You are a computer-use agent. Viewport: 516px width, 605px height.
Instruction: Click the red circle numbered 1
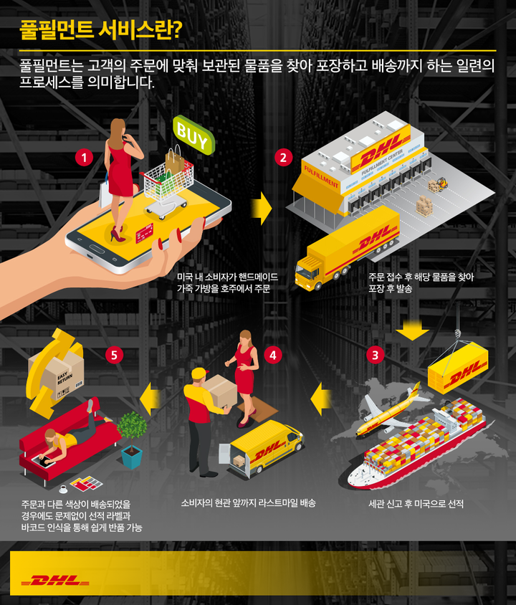click(x=84, y=158)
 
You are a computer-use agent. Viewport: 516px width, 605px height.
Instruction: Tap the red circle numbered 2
click(x=284, y=158)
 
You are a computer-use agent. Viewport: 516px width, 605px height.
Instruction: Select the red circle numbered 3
click(x=376, y=355)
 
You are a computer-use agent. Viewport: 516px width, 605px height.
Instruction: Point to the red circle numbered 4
click(x=272, y=355)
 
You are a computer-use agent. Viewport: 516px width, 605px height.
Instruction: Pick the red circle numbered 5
click(x=114, y=355)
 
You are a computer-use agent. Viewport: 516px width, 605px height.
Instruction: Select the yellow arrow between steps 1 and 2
click(x=261, y=209)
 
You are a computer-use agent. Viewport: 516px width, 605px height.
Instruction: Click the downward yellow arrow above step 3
click(x=412, y=330)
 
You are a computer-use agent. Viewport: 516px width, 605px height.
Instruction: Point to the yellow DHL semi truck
click(x=347, y=248)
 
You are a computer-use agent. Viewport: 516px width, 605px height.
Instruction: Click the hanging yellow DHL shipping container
click(x=458, y=368)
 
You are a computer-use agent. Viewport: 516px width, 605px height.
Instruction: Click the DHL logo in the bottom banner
click(x=55, y=581)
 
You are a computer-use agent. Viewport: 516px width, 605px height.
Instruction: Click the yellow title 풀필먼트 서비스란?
click(x=101, y=31)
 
